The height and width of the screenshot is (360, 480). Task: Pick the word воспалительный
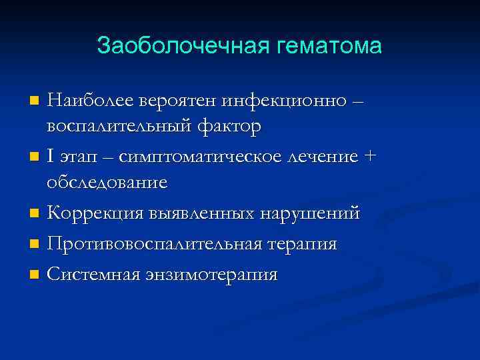coord(121,127)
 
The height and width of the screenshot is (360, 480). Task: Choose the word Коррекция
coord(90,213)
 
